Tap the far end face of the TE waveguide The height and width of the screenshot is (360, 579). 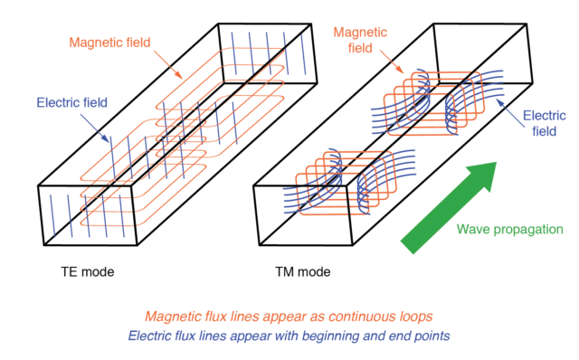(x=266, y=49)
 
